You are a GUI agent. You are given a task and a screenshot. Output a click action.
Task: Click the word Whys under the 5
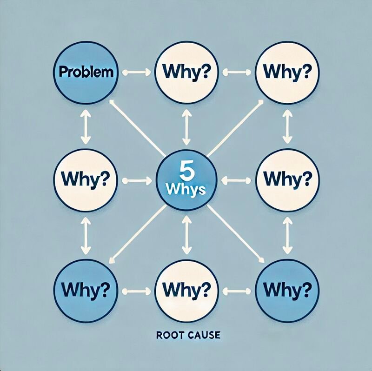coord(186,190)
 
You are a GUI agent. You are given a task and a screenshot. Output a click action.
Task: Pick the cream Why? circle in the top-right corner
coord(287,73)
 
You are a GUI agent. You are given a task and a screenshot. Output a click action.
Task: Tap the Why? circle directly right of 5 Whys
coord(287,179)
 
